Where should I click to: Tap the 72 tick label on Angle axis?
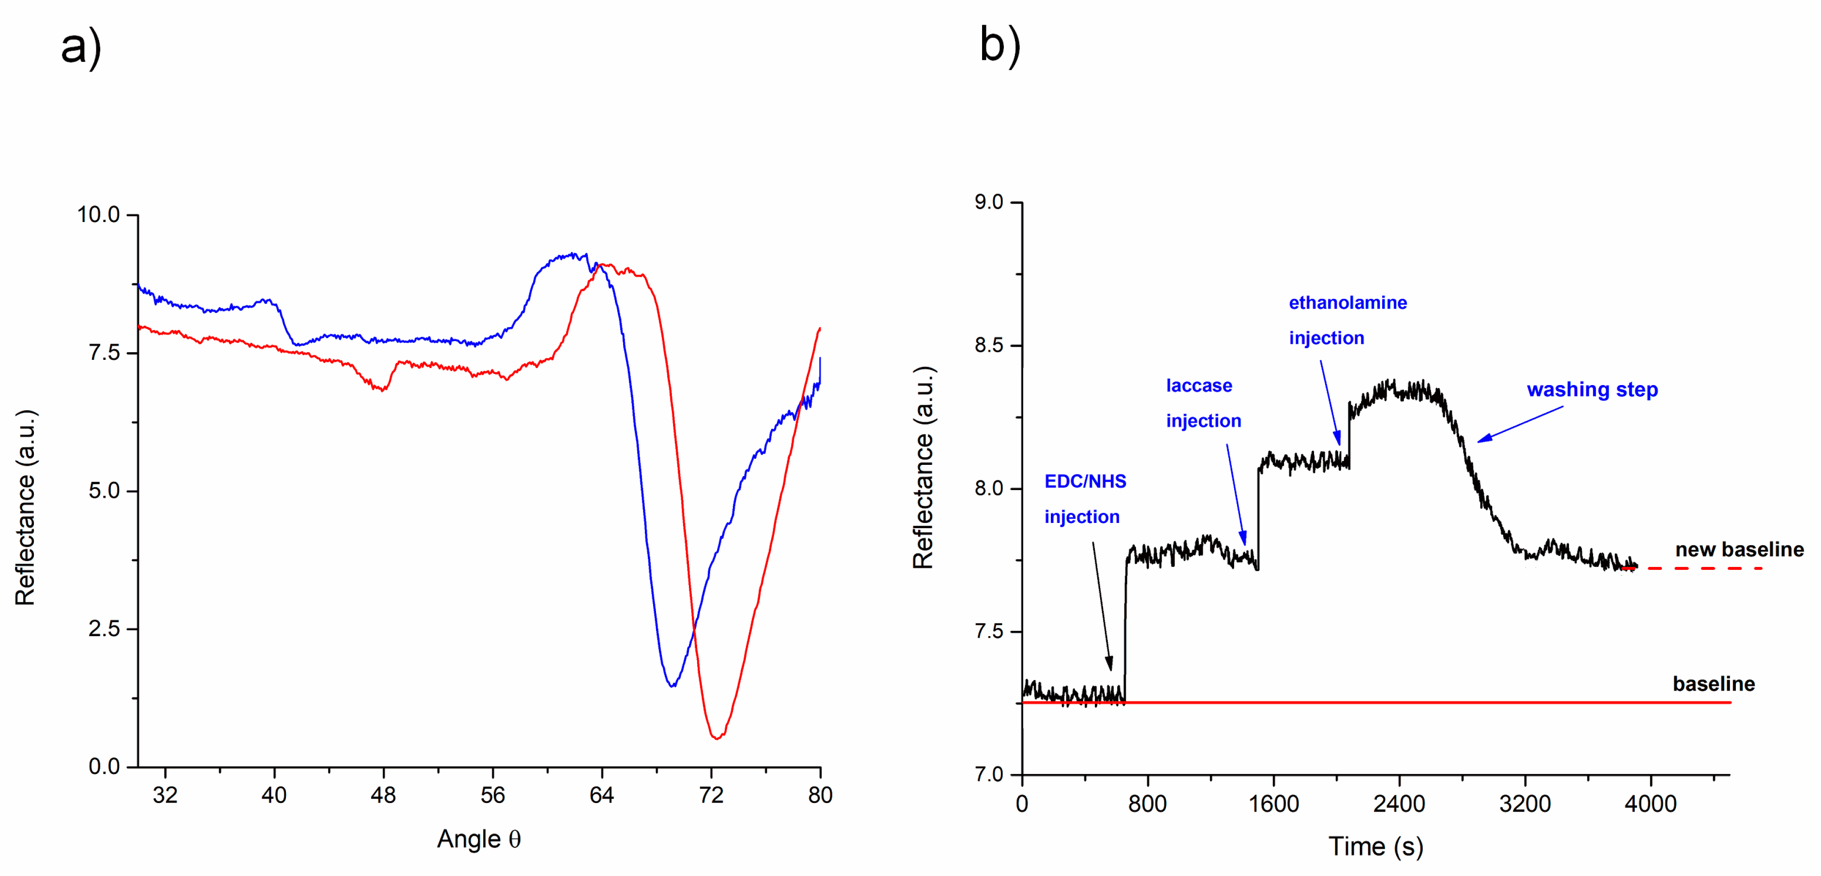coord(711,795)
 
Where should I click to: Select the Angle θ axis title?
coord(478,839)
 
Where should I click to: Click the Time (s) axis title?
coord(1375,846)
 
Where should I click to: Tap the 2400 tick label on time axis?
coord(1399,804)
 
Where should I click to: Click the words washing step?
coord(1592,389)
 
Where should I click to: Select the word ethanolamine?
coord(1347,303)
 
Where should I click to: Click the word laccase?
coord(1199,386)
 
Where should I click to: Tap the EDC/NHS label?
coord(1085,481)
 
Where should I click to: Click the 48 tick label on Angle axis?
coord(383,795)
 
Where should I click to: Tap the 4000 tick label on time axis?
coord(1650,804)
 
